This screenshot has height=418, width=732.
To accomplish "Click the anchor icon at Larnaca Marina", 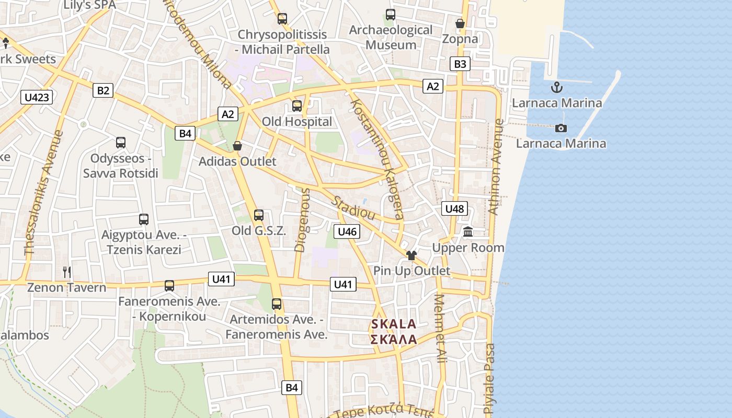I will pyautogui.click(x=557, y=87).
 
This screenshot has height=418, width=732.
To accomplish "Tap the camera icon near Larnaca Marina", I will pyautogui.click(x=561, y=128).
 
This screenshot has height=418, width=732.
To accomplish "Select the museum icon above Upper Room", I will pyautogui.click(x=468, y=231).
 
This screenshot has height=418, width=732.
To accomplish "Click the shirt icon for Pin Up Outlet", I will pyautogui.click(x=411, y=255).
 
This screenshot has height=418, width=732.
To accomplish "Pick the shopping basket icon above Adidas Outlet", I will pyautogui.click(x=237, y=146).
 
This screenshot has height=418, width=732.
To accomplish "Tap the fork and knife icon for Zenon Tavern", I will pyautogui.click(x=67, y=272).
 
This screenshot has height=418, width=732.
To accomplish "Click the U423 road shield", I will pyautogui.click(x=37, y=97).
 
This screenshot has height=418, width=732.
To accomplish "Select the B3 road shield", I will pyautogui.click(x=460, y=64).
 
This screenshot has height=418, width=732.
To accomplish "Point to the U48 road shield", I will pyautogui.click(x=454, y=209).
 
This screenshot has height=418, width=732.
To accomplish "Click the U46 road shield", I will pyautogui.click(x=347, y=231).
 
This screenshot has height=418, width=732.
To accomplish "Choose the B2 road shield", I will pyautogui.click(x=104, y=90).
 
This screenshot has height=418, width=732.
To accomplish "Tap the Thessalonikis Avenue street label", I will pyautogui.click(x=43, y=193).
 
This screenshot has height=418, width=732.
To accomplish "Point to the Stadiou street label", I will pyautogui.click(x=354, y=207).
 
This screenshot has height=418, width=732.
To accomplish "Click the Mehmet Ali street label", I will pyautogui.click(x=440, y=329).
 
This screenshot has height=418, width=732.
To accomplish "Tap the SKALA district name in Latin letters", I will pyautogui.click(x=394, y=324).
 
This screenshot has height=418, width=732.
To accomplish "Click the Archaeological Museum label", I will pyautogui.click(x=391, y=37).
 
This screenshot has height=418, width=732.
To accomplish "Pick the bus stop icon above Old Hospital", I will pyautogui.click(x=297, y=106).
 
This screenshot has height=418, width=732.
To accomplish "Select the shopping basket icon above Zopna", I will pyautogui.click(x=460, y=24).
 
